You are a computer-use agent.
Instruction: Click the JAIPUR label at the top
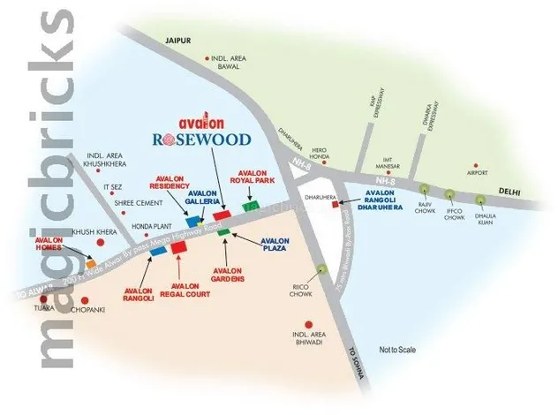pyautogui.click(x=177, y=40)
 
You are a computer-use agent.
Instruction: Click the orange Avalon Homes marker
pyautogui.click(x=90, y=262)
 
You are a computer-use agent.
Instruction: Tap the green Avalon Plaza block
pyautogui.click(x=225, y=232)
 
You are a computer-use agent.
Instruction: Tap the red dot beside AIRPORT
pyautogui.click(x=475, y=166)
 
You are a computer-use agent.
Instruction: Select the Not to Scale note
pyautogui.click(x=397, y=351)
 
